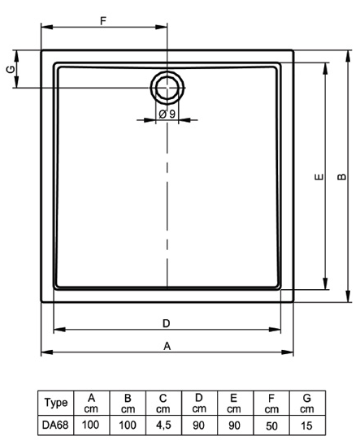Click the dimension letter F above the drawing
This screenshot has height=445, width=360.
(103, 21)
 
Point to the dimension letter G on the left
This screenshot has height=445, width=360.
(11, 69)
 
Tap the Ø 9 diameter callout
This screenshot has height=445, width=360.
(167, 114)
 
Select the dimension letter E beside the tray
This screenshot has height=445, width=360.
(319, 177)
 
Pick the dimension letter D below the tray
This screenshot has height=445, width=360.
(167, 323)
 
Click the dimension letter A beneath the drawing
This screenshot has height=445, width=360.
(167, 346)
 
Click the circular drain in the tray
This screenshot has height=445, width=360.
(167, 88)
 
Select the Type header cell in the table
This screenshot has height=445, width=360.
(56, 403)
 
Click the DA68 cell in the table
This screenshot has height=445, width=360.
(55, 425)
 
